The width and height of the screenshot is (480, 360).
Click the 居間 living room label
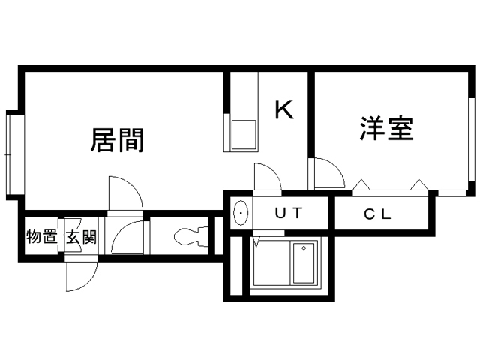pos(117,139)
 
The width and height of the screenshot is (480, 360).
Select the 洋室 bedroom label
pos(386,129)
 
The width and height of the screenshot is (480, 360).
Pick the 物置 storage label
pos(42,237)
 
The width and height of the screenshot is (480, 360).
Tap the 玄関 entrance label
pos(80,238)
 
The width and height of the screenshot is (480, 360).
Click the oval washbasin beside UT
pos(240,214)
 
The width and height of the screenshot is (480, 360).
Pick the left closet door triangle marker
pos(361,183)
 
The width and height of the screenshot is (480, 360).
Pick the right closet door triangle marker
pos(418,183)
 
